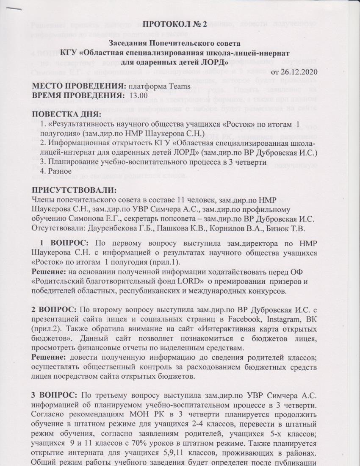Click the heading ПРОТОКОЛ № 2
[x=174, y=24]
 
